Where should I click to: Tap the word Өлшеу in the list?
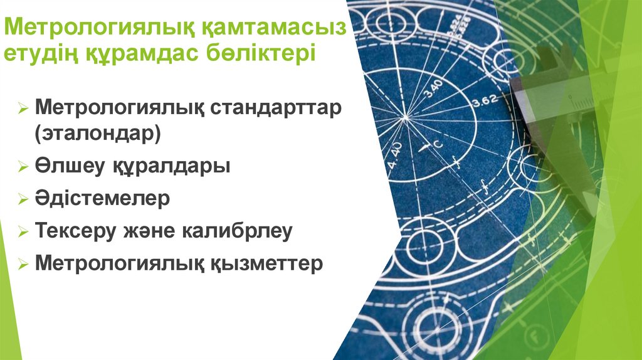62,167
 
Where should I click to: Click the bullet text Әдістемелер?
102,199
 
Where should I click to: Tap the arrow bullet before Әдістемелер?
23,200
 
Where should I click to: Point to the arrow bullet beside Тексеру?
23,232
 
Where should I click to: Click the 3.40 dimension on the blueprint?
433,88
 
